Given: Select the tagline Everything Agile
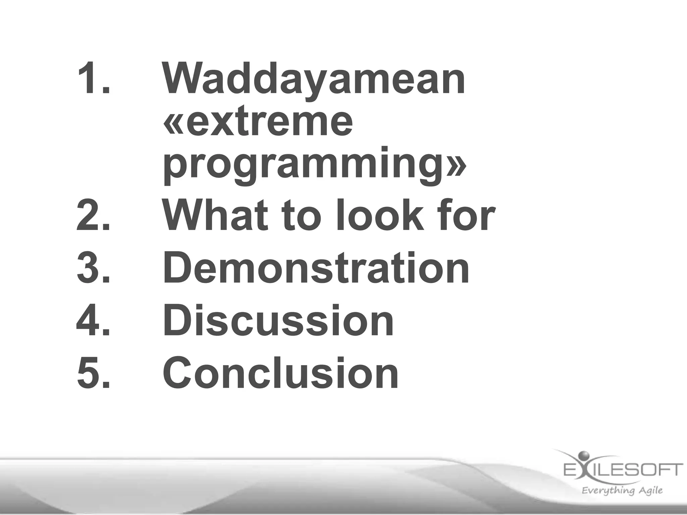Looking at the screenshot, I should (x=622, y=491).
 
